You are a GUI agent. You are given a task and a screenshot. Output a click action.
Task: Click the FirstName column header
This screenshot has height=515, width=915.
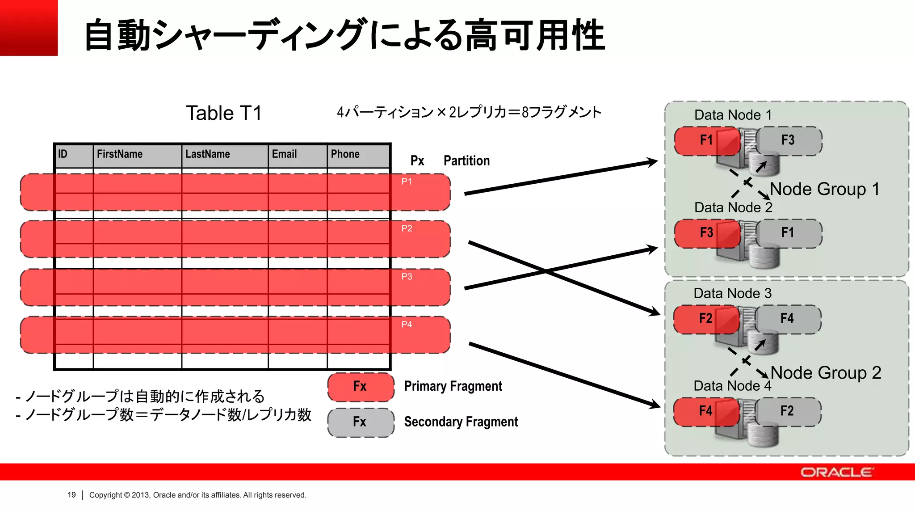click(120, 154)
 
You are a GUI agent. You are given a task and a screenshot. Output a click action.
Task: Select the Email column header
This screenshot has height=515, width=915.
click(284, 154)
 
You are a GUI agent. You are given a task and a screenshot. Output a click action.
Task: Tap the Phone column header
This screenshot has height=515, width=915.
click(345, 154)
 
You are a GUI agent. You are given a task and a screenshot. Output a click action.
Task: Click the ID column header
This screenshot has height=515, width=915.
click(63, 154)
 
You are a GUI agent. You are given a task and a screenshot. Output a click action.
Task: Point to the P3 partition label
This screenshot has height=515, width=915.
click(407, 277)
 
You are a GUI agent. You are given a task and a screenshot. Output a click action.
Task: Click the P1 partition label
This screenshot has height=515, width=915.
click(407, 182)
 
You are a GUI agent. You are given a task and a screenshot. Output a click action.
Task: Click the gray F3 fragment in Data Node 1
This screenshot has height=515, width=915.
click(788, 140)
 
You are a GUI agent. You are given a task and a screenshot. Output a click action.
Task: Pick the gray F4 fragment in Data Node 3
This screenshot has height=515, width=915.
click(787, 319)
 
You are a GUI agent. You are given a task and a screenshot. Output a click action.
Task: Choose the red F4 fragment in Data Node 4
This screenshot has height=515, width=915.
click(706, 411)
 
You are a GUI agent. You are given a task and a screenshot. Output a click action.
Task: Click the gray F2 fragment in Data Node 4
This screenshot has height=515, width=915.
click(787, 411)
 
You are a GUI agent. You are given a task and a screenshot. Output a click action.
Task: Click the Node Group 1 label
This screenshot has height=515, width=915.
click(825, 189)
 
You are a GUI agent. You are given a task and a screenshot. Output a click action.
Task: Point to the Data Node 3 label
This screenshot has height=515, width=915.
click(732, 293)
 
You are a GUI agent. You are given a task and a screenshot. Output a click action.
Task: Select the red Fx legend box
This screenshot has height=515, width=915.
click(361, 387)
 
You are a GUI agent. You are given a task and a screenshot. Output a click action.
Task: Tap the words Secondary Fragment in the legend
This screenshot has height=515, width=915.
click(461, 422)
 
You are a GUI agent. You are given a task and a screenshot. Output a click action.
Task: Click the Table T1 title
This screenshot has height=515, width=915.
click(223, 113)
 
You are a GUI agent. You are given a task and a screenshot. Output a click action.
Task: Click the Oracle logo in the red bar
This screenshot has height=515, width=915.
click(836, 473)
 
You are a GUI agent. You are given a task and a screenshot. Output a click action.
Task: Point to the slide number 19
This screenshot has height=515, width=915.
click(71, 495)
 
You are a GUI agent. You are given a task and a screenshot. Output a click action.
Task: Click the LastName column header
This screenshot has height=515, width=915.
click(208, 154)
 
